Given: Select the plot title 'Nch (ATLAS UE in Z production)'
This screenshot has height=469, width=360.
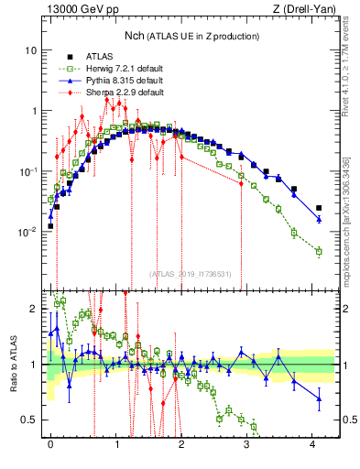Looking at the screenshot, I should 190,35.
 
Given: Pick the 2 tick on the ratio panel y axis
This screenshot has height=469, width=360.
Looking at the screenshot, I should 33,309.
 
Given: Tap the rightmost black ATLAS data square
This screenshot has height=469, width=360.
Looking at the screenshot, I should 319,208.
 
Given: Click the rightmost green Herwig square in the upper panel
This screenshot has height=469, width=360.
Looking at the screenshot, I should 319,251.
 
